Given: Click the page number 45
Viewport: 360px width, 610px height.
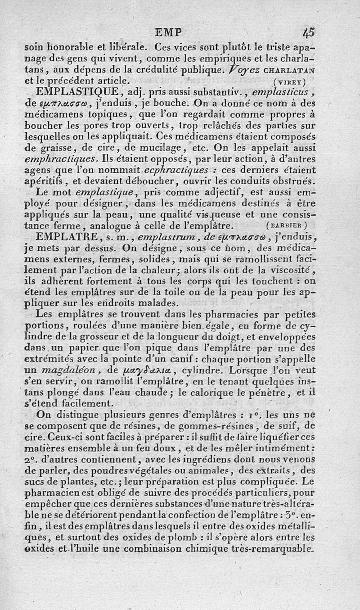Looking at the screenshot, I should tap(309, 32).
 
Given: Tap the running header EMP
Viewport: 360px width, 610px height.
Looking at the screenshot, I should tap(168, 33).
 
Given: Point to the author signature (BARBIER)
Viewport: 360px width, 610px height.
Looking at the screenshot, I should tap(287, 225).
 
